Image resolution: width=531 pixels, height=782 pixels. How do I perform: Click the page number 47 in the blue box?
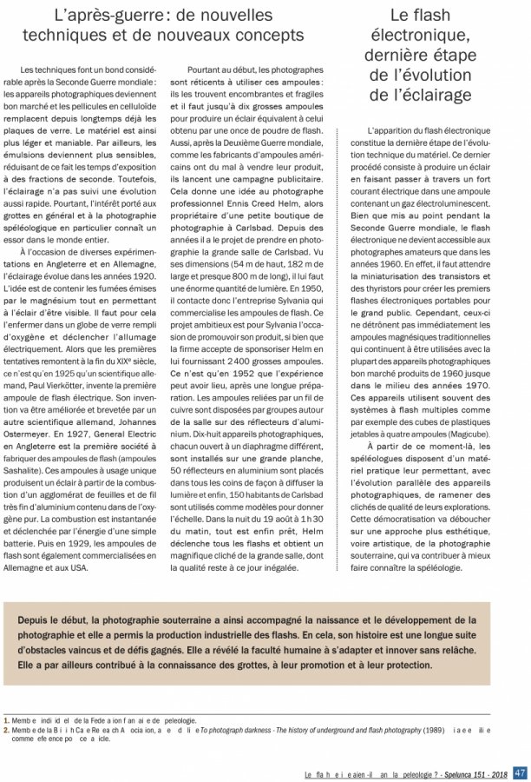point(520,772)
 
